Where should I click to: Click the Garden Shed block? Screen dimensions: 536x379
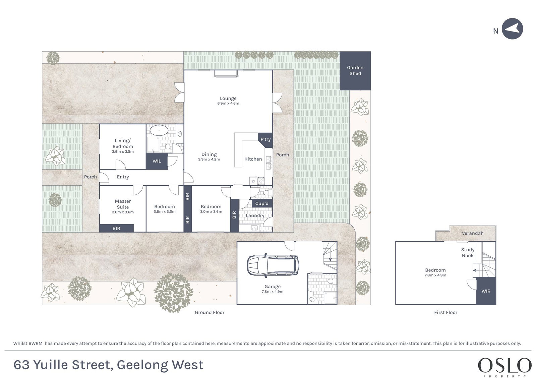click(x=355, y=71)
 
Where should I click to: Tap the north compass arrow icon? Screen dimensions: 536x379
click(x=512, y=29)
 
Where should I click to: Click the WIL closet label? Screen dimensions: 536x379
click(x=157, y=161)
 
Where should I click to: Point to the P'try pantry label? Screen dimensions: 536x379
click(x=265, y=139)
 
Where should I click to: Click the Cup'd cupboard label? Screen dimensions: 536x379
click(x=262, y=203)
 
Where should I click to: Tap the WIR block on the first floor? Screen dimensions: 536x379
click(x=486, y=291)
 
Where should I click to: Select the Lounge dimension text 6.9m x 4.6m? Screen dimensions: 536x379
click(x=228, y=103)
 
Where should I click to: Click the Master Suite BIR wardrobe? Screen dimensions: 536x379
click(x=116, y=228)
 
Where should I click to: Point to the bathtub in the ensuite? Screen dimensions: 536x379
click(x=159, y=130)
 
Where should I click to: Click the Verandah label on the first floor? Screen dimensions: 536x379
click(x=473, y=233)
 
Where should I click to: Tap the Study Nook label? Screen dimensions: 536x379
click(x=468, y=253)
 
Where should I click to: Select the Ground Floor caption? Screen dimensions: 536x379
click(x=210, y=313)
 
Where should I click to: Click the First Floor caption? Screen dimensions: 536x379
click(x=445, y=313)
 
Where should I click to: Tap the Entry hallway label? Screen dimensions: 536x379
click(x=123, y=177)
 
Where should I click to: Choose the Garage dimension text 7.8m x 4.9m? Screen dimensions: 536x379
click(x=273, y=292)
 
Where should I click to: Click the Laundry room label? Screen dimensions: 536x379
click(x=255, y=215)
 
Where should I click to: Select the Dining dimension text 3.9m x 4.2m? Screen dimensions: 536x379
click(x=209, y=160)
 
